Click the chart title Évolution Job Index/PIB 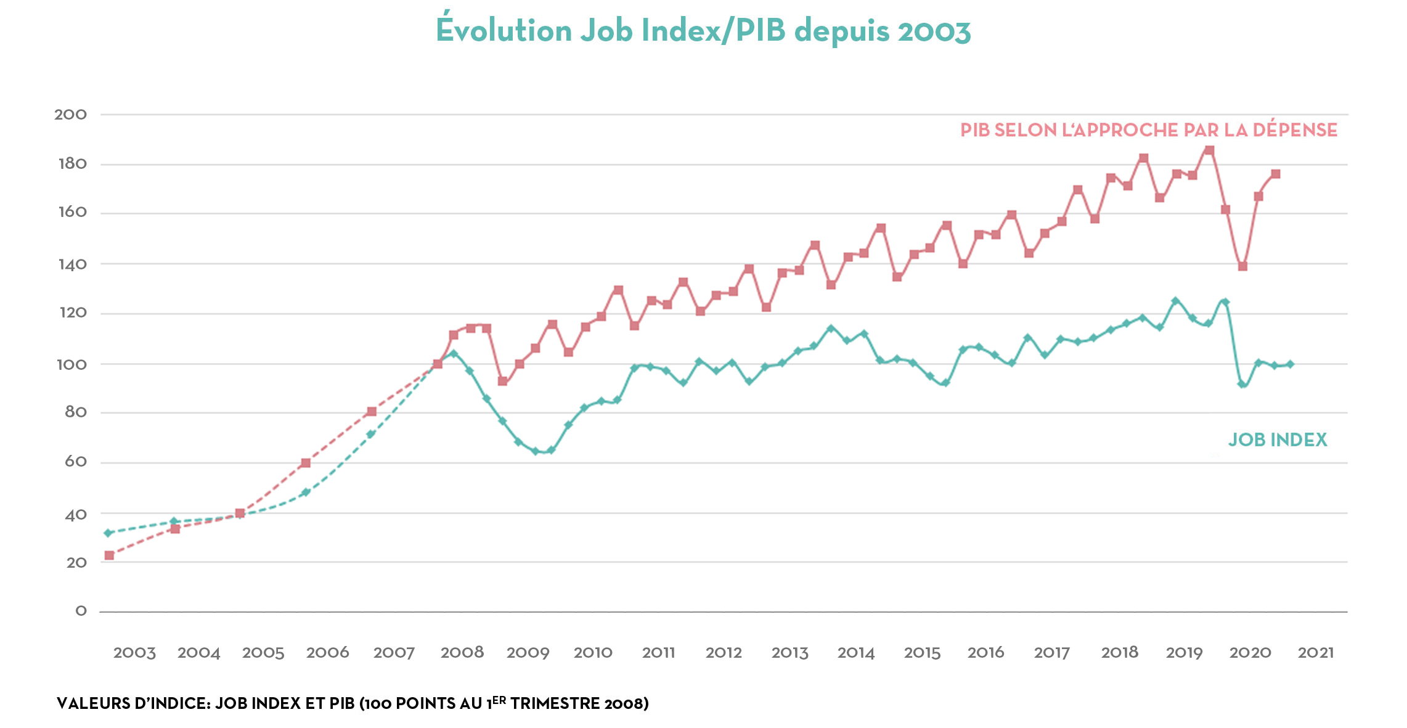pyautogui.click(x=703, y=30)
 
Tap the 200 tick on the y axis pyautogui.click(x=70, y=115)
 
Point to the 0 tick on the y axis pyautogui.click(x=81, y=611)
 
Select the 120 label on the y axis pyautogui.click(x=73, y=313)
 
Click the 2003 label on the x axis pyautogui.click(x=134, y=653)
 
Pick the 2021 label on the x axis pyautogui.click(x=1315, y=653)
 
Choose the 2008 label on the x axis pyautogui.click(x=462, y=653)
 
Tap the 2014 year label pyautogui.click(x=856, y=653)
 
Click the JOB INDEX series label pyautogui.click(x=1278, y=440)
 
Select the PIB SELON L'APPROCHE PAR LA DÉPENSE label pyautogui.click(x=1149, y=130)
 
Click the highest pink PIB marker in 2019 pyautogui.click(x=1209, y=150)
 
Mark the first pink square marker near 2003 pyautogui.click(x=109, y=555)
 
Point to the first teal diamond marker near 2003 pyautogui.click(x=108, y=533)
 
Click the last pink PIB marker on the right pyautogui.click(x=1276, y=174)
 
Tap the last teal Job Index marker pyautogui.click(x=1290, y=364)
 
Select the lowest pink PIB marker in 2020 pyautogui.click(x=1242, y=266)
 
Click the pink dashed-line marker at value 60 pyautogui.click(x=306, y=463)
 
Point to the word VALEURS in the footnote pyautogui.click(x=92, y=703)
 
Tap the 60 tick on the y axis pyautogui.click(x=75, y=462)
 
